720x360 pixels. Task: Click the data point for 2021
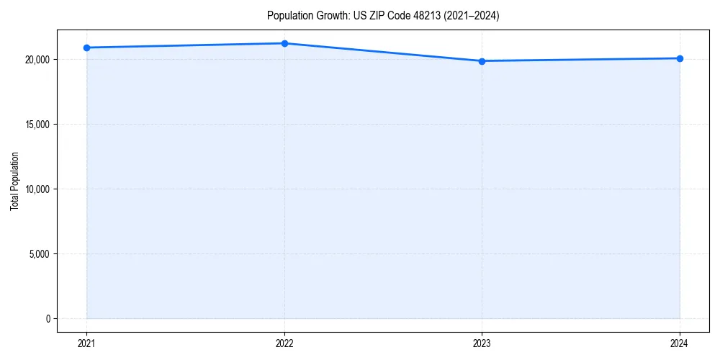pyautogui.click(x=86, y=48)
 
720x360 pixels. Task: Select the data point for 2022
pyautogui.click(x=284, y=43)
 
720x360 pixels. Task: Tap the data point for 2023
pyautogui.click(x=482, y=61)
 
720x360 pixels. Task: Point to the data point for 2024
pyautogui.click(x=680, y=58)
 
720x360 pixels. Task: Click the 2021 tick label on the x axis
pyautogui.click(x=86, y=343)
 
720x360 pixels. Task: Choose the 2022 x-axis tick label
pyautogui.click(x=284, y=343)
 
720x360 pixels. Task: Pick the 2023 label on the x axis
pyautogui.click(x=482, y=343)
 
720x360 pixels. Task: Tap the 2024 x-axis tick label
pyautogui.click(x=680, y=343)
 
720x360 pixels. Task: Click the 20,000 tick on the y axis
pyautogui.click(x=37, y=60)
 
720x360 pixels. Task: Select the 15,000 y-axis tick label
pyautogui.click(x=37, y=125)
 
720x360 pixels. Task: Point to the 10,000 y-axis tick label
pyautogui.click(x=37, y=189)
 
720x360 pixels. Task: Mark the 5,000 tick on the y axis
pyautogui.click(x=39, y=254)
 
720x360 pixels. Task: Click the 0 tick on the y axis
pyautogui.click(x=48, y=319)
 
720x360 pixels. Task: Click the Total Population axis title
pyautogui.click(x=15, y=181)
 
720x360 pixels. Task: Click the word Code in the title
pyautogui.click(x=395, y=16)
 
